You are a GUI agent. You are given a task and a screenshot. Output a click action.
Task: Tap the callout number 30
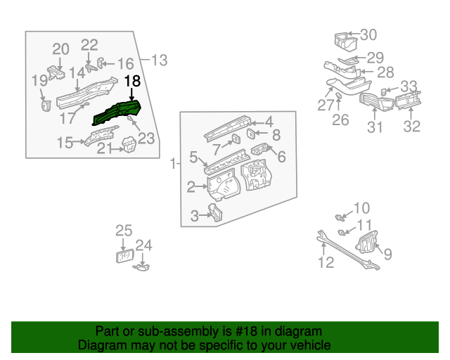(x=368, y=34)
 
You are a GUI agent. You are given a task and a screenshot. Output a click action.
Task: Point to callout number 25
(x=124, y=230)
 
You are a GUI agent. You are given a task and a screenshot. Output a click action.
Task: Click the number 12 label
(x=326, y=263)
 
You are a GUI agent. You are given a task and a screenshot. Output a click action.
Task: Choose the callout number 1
(x=173, y=164)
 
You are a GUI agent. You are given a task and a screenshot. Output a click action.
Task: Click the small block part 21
(x=129, y=146)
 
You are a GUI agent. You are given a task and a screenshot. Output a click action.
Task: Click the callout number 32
(x=411, y=127)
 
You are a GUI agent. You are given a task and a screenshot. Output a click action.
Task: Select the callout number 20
(x=61, y=49)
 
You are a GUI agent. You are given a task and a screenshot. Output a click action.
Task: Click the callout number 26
(x=340, y=120)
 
